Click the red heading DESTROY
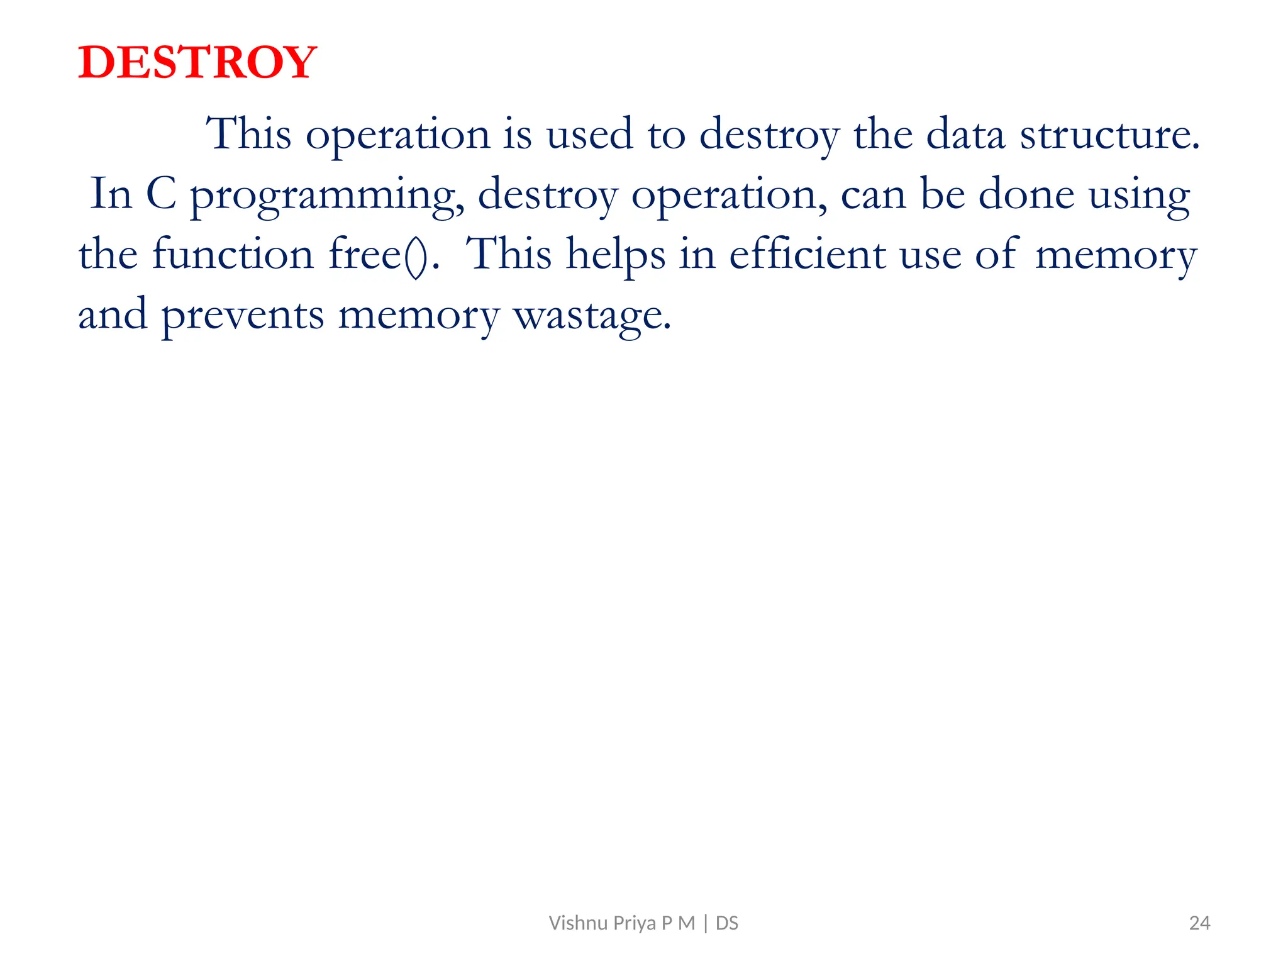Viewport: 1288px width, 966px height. [x=197, y=63]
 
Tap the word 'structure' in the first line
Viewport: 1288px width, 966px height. [x=1109, y=135]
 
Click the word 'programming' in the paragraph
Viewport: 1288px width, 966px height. [x=327, y=195]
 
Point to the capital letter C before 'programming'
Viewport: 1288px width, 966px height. [x=161, y=194]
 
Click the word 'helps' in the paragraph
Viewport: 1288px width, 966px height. [x=615, y=255]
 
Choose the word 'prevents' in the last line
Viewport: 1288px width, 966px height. [x=242, y=316]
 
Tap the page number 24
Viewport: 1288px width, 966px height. [x=1199, y=923]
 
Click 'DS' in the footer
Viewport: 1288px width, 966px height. [x=727, y=923]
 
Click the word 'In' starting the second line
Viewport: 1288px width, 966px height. [x=111, y=194]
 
